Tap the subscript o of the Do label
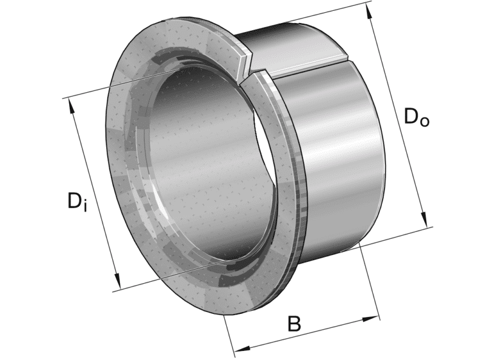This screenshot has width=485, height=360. [424, 121]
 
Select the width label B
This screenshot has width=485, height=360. [294, 324]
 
